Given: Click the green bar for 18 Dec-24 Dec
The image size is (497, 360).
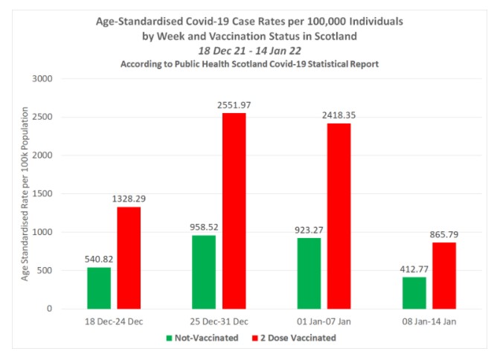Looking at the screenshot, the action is [99, 288].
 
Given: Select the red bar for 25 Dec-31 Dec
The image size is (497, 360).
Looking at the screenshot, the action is [234, 211].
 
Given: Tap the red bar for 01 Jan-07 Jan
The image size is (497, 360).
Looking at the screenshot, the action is [339, 216].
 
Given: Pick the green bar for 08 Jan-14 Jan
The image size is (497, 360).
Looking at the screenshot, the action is [414, 293].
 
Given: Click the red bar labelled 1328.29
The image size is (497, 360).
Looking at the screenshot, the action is [129, 258].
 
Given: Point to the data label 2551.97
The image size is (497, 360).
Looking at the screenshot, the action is [234, 105].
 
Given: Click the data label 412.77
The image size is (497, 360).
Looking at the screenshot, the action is [414, 269].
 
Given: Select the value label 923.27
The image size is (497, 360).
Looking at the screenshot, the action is [309, 230].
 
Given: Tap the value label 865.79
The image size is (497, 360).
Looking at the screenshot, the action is [444, 234].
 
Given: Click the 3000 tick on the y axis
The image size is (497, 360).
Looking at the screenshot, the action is [42, 79].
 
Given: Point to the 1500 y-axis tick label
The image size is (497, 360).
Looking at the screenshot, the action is [42, 193].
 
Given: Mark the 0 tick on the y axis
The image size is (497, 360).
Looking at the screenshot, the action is [49, 309].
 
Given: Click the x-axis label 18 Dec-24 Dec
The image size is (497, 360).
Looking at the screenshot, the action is [114, 321].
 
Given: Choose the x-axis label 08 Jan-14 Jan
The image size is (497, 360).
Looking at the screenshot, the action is [429, 321].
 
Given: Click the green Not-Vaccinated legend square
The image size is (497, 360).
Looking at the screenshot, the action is [169, 338].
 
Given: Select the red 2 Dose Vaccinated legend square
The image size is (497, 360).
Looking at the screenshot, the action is [255, 338].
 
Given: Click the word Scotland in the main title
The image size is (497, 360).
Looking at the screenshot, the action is [336, 36].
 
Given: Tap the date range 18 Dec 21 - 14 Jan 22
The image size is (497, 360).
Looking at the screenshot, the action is [250, 51].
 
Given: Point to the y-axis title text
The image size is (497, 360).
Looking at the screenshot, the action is [25, 193].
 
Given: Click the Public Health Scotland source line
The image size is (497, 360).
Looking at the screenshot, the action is [249, 64].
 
